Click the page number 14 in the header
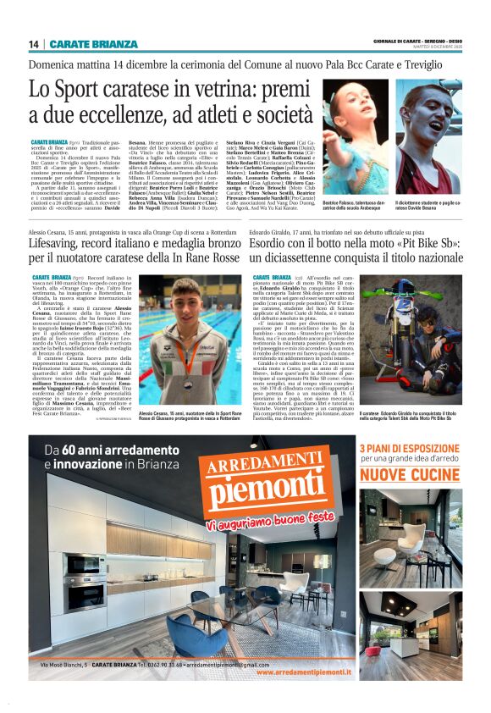pos(34,44)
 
